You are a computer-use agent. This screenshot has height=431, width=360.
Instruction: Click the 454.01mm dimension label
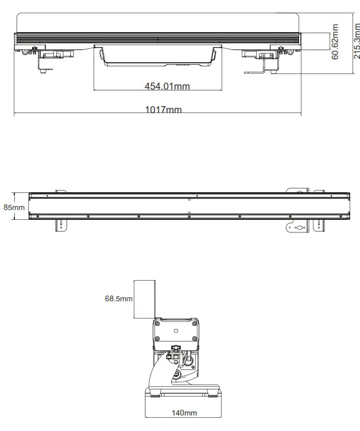click(x=167, y=87)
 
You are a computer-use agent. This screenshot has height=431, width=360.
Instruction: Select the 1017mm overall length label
click(x=163, y=110)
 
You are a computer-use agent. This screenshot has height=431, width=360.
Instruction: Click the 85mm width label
click(x=14, y=207)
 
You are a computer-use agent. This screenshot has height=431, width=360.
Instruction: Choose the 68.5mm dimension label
click(x=118, y=299)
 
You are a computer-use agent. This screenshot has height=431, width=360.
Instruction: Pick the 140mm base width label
click(x=184, y=413)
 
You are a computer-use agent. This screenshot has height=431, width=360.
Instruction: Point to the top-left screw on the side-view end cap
click(x=157, y=324)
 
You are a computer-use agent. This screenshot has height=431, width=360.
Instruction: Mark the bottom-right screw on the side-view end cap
click(x=195, y=344)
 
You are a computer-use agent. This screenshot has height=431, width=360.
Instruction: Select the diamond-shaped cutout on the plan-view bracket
click(x=299, y=227)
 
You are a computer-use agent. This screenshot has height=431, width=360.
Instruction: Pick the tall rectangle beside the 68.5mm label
click(x=145, y=299)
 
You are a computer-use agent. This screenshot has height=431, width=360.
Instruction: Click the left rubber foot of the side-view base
click(x=154, y=394)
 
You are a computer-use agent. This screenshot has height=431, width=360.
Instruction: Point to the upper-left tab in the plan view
click(x=60, y=191)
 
